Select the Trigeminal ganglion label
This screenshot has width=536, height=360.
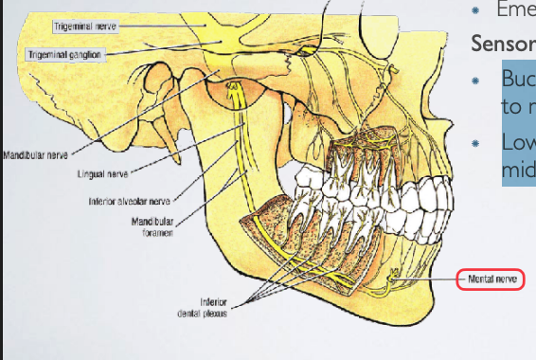64,55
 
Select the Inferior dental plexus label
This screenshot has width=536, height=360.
213,309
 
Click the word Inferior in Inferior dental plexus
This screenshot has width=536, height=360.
213,302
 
